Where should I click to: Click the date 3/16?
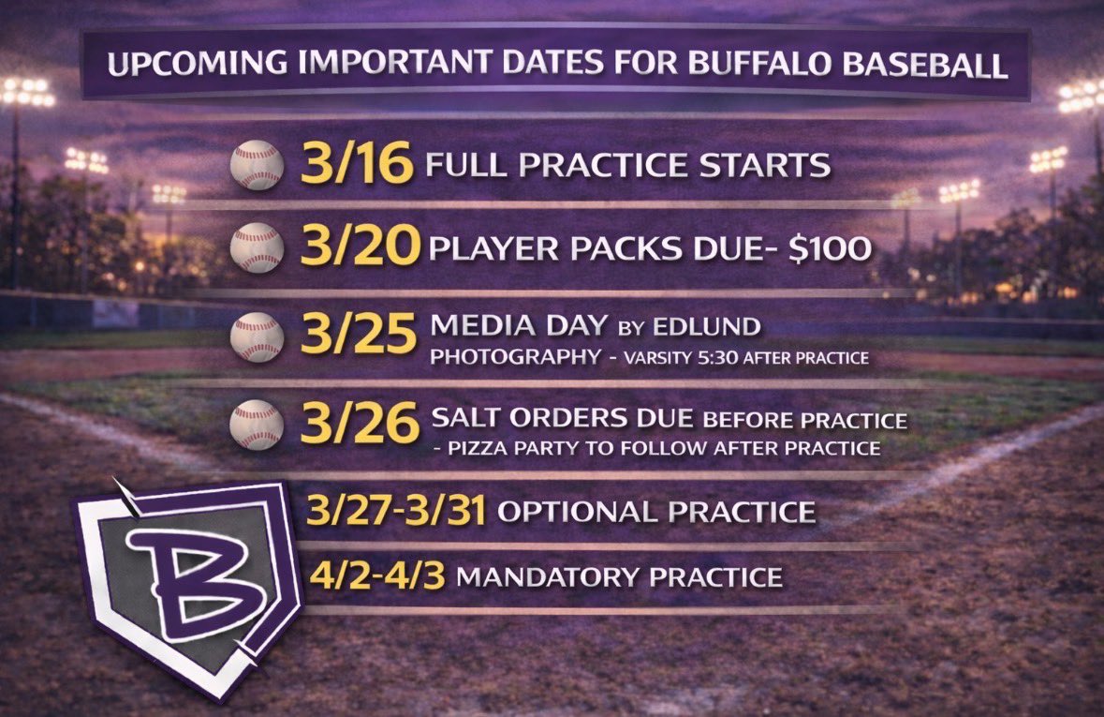[357, 165]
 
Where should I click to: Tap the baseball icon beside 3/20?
[257, 246]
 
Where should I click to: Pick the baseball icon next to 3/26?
[257, 424]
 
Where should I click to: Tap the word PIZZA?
[489, 448]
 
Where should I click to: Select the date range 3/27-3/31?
[396, 512]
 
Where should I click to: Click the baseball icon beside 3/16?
[257, 166]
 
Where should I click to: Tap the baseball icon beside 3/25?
[257, 338]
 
